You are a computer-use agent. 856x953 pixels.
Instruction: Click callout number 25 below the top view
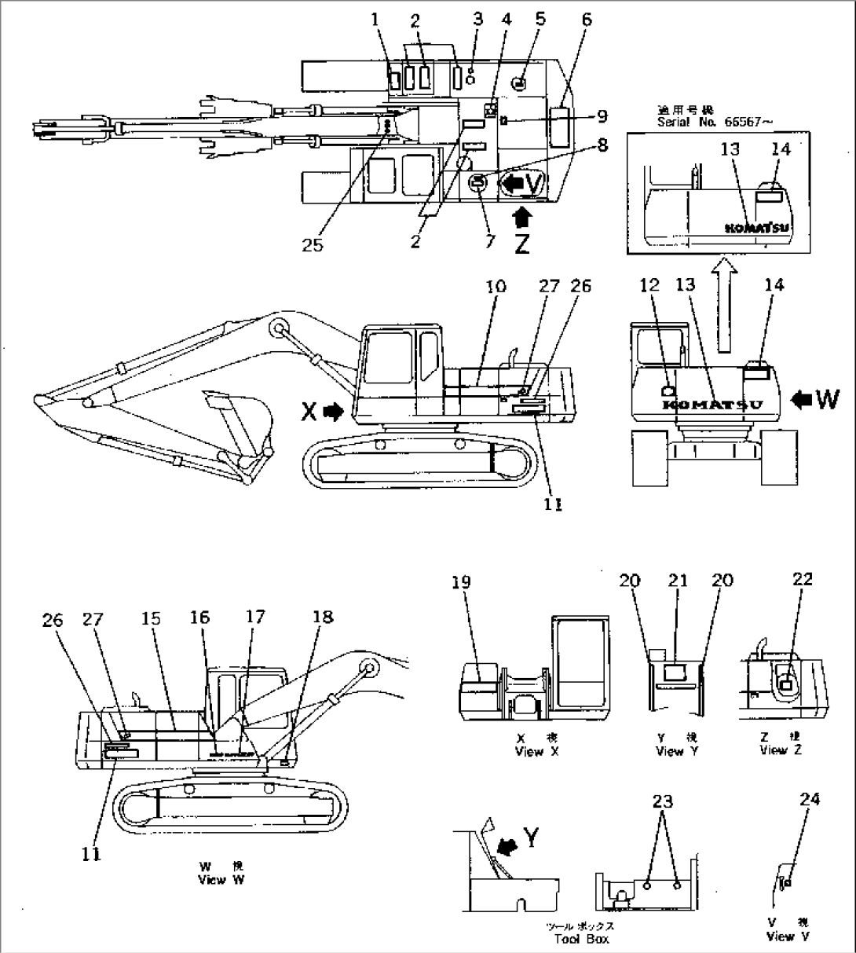point(313,247)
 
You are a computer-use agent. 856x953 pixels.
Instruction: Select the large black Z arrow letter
point(521,244)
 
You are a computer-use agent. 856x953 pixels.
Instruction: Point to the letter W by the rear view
point(827,399)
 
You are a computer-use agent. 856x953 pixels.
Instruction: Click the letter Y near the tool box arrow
point(532,840)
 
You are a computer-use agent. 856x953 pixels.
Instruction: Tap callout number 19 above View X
point(461,582)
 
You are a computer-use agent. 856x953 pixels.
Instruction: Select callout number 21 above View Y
point(677,581)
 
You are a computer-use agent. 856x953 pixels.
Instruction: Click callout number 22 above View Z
point(803,579)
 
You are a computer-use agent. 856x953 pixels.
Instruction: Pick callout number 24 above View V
point(810,800)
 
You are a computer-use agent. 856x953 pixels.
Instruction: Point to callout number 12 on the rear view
point(649,286)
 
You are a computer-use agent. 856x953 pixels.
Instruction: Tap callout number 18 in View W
point(324,618)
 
